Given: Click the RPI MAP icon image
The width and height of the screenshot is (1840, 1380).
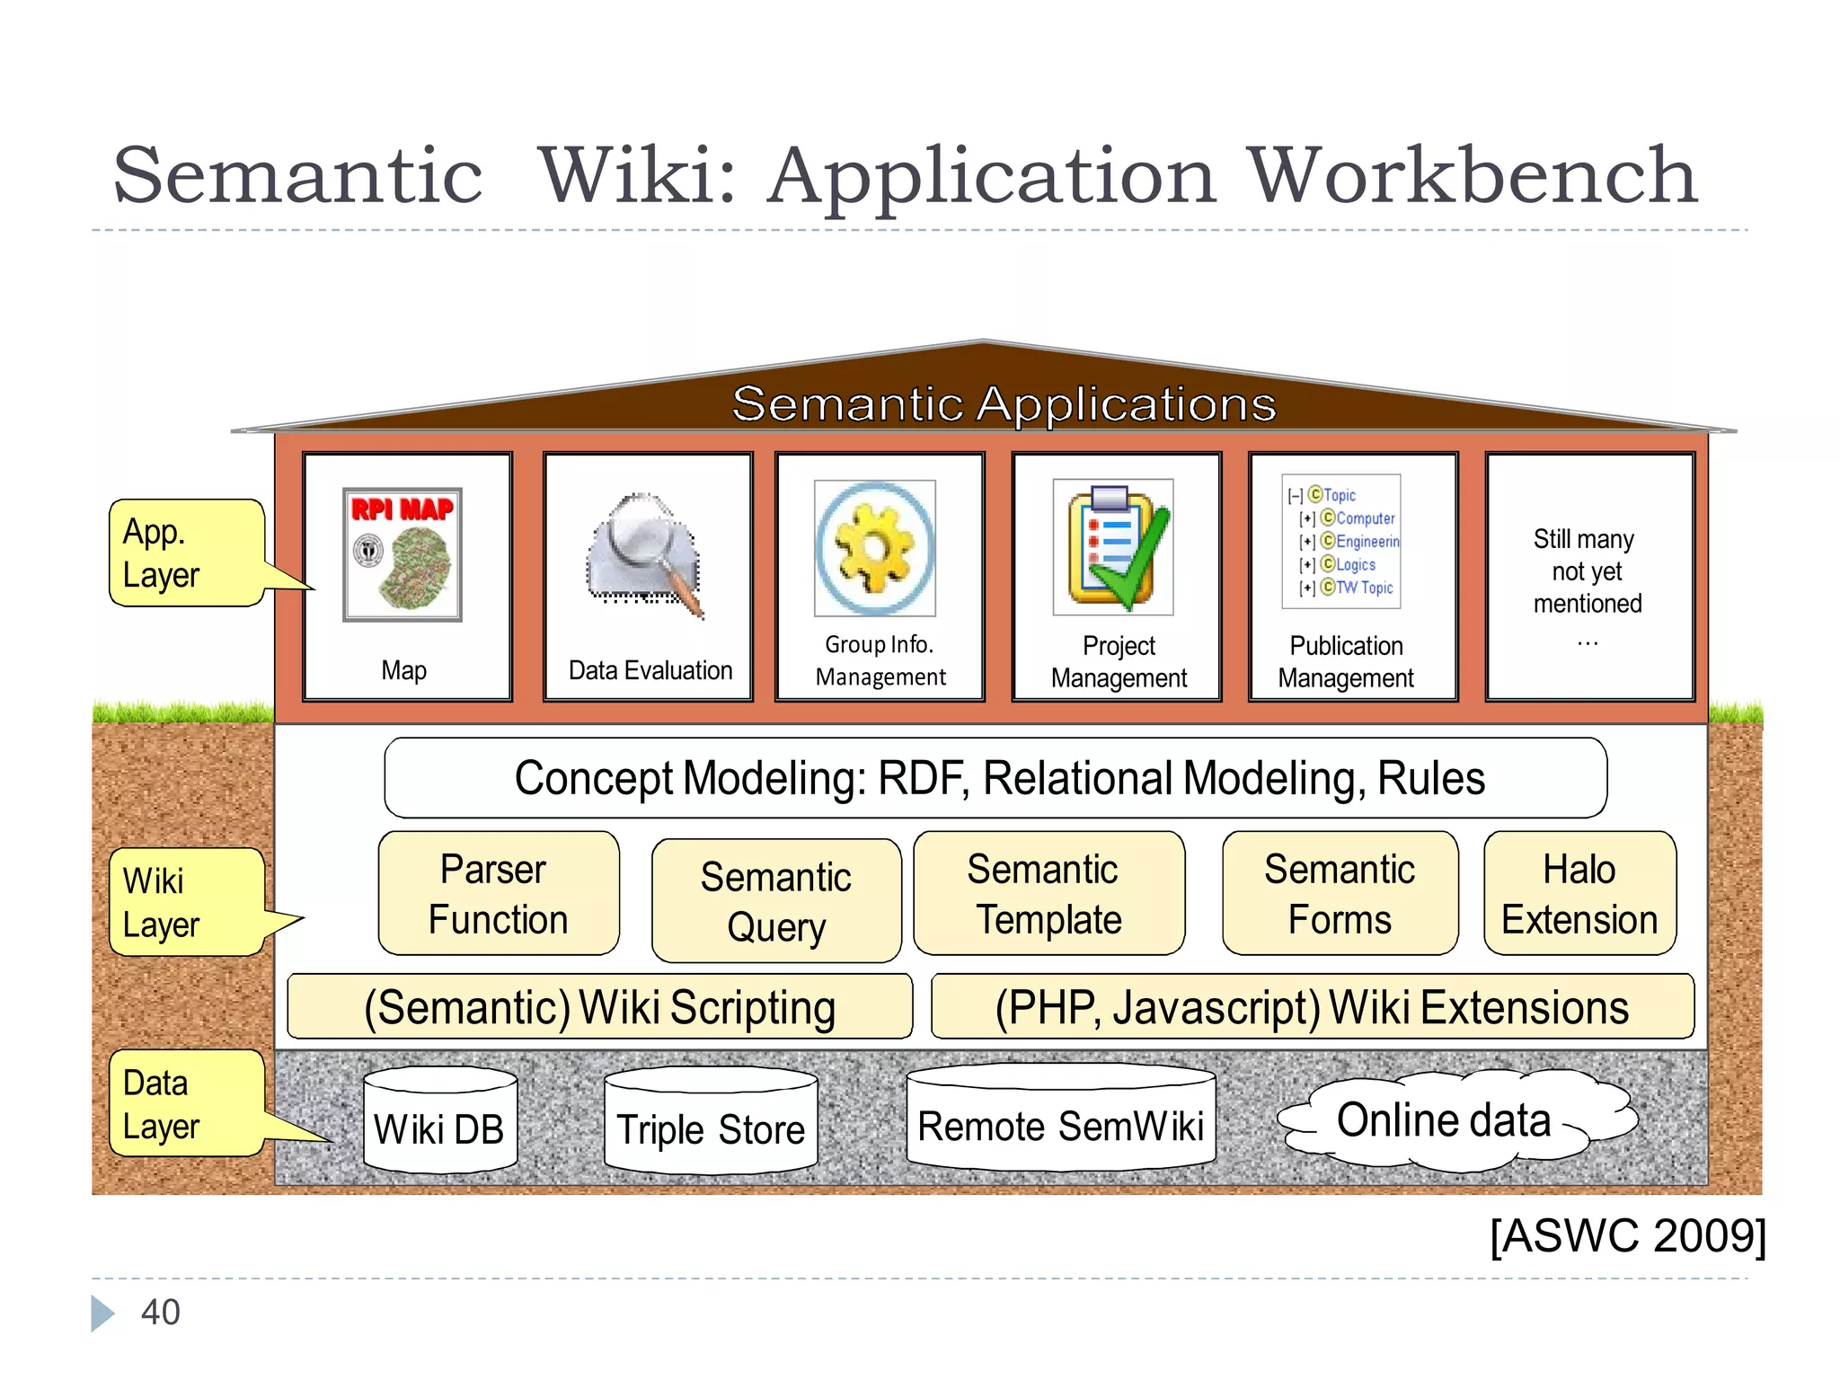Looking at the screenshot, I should tap(402, 554).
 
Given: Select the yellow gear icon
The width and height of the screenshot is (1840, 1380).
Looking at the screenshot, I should tap(874, 548).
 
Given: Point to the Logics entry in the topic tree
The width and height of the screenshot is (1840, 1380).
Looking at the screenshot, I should tap(1354, 565).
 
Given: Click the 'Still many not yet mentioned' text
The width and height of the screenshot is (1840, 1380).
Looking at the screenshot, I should tap(1587, 572).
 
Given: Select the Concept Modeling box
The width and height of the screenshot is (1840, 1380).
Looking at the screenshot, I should tap(995, 778).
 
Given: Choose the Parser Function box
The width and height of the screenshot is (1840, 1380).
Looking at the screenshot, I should tap(499, 894).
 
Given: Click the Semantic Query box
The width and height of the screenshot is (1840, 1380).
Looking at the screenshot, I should tap(776, 901).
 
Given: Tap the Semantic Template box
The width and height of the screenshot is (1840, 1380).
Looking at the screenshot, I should tap(1048, 894).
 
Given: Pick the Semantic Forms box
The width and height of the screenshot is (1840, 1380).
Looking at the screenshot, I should tap(1340, 894).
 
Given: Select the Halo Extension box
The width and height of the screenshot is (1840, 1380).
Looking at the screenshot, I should tap(1579, 894).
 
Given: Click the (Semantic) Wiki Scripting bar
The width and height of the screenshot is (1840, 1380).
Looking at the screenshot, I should tap(600, 1007).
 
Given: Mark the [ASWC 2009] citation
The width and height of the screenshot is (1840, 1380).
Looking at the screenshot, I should tap(1627, 1235).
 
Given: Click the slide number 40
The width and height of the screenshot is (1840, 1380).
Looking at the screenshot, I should tap(161, 1313).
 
